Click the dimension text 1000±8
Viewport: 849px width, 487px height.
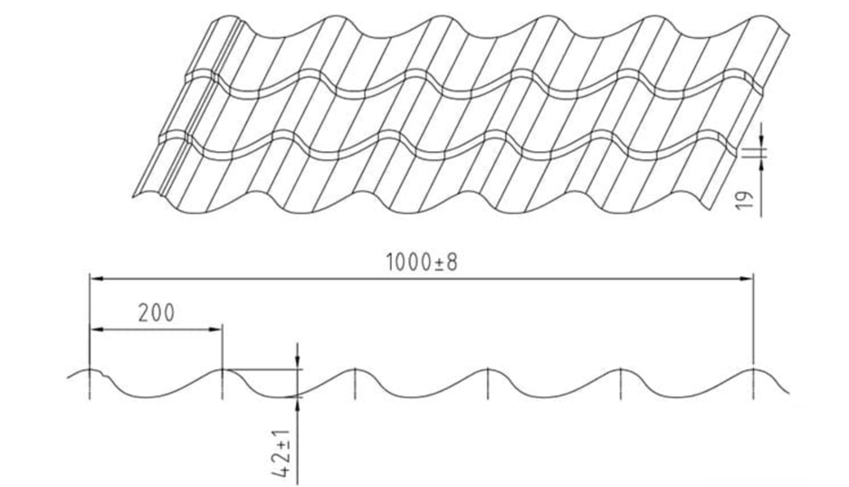422,263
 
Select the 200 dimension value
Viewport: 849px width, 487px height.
157,313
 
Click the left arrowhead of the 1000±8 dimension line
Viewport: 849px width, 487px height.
96,279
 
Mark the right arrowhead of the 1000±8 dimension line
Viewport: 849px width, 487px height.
747,279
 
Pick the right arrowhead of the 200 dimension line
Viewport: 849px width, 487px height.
215,329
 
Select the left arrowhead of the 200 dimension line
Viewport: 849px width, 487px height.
96,329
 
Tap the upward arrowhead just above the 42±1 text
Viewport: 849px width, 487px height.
297,404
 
